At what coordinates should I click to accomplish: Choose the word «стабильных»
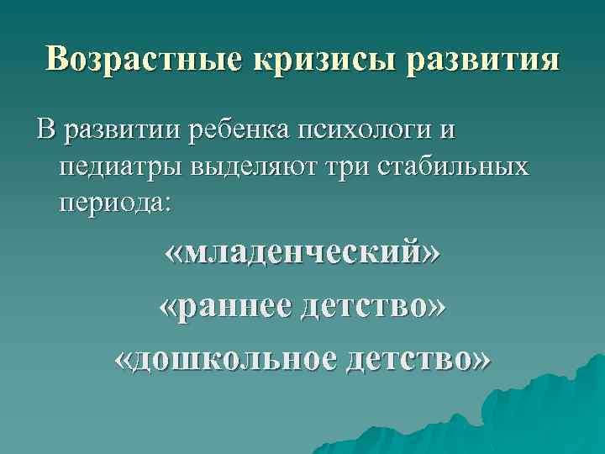coord(461,166)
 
